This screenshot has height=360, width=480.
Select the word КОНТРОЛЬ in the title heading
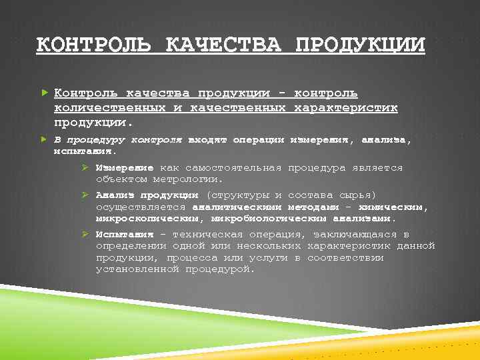[95, 45]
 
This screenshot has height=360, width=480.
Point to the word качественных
[238, 107]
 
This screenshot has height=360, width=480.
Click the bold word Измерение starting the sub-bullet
[125, 168]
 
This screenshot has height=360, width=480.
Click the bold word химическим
[398, 207]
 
